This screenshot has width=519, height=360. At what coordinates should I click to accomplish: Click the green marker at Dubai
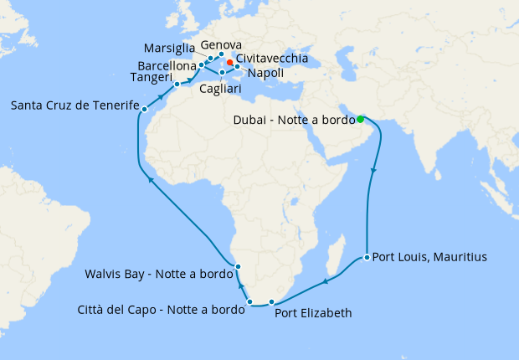360,118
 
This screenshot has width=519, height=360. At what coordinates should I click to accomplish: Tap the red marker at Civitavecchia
229,62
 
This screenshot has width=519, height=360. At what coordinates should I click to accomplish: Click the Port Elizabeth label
313,313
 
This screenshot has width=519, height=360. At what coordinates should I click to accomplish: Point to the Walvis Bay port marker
239,266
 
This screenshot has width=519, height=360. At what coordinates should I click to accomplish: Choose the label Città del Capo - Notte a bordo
162,309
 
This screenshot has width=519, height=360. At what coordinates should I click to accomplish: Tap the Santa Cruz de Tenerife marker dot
145,109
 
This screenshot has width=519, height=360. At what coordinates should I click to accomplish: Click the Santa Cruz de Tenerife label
74,105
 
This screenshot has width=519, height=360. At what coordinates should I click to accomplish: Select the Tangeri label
152,78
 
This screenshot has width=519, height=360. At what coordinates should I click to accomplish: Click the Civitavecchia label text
272,59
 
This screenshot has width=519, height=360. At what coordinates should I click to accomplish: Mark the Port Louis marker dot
367,257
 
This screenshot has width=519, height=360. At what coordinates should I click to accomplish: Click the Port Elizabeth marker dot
271,301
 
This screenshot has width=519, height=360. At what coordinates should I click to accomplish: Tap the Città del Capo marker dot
249,301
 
